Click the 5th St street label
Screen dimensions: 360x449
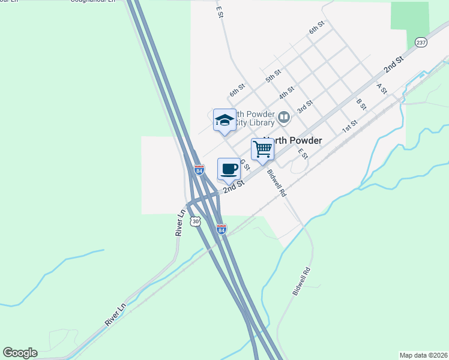point(274,76)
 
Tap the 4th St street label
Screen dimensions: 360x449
point(286,93)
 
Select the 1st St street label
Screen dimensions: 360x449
point(349,127)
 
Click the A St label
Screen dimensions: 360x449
point(381,88)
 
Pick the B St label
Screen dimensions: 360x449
point(361,104)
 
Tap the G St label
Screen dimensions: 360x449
point(244,164)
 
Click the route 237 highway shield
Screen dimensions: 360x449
point(421,43)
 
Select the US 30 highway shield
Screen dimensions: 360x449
point(195,221)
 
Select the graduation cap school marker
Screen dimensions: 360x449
point(224,120)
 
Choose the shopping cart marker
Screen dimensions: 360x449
point(262,149)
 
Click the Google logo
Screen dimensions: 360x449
point(20,353)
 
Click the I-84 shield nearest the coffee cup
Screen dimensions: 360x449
point(199,170)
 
